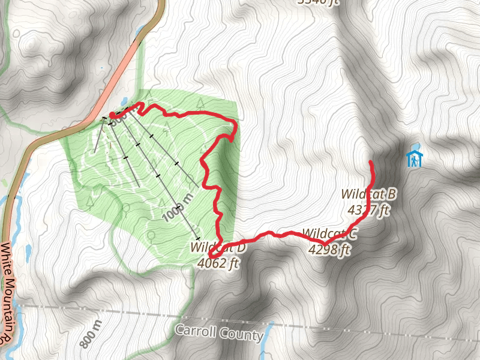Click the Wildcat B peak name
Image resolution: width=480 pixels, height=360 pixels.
[x=369, y=194]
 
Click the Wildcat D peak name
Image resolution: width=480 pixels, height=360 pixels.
[x=218, y=247]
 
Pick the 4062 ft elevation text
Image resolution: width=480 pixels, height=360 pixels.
[x=218, y=262]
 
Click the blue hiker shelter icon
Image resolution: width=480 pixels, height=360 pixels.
[x=414, y=159]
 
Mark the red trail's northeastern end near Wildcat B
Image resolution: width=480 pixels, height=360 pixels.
[x=370, y=163]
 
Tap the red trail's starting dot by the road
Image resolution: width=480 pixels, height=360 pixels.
[x=112, y=114]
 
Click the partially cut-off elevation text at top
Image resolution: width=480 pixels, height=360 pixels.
[x=319, y=2]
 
